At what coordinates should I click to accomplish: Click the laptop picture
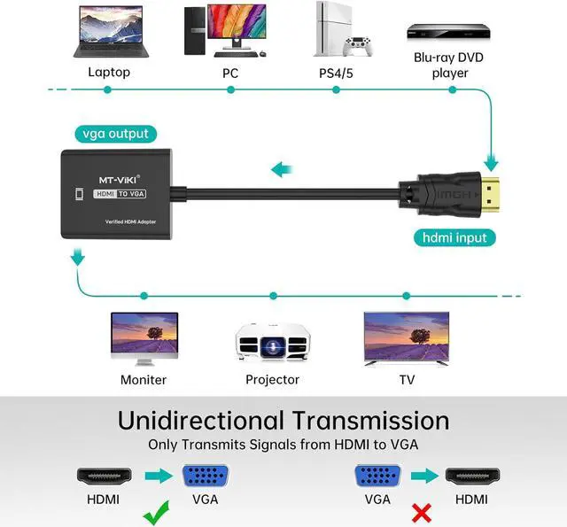click(x=111, y=32)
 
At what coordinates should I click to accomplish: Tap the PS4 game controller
click(x=358, y=46)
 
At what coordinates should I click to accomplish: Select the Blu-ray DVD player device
click(x=448, y=31)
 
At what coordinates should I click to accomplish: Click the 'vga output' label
click(x=116, y=134)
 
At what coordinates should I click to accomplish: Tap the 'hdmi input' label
click(x=454, y=238)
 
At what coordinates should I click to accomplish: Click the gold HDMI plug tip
click(x=490, y=195)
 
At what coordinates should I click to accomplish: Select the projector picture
click(x=273, y=341)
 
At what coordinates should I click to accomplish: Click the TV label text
click(x=407, y=380)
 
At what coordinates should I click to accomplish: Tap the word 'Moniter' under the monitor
click(x=144, y=380)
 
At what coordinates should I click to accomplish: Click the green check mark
click(x=156, y=513)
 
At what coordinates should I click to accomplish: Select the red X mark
click(x=422, y=513)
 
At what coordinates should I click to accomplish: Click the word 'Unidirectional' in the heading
click(x=201, y=421)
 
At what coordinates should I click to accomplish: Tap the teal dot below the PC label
click(x=230, y=89)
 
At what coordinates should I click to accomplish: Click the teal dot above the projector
click(x=274, y=296)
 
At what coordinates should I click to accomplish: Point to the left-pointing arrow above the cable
click(x=282, y=169)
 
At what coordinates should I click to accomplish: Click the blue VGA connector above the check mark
click(x=206, y=476)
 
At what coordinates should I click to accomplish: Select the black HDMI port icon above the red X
click(x=472, y=476)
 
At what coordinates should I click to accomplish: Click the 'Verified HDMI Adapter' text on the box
click(x=130, y=221)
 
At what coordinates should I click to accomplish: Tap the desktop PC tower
click(x=195, y=31)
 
